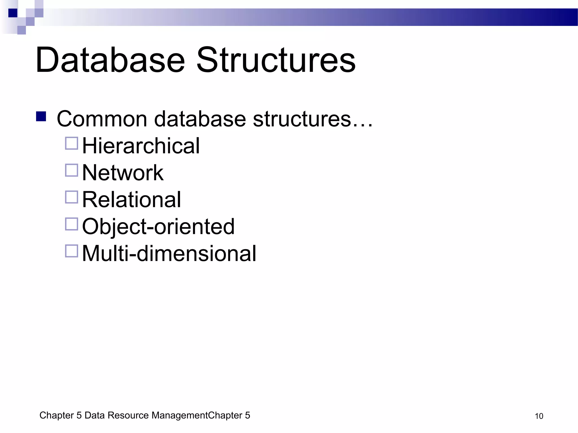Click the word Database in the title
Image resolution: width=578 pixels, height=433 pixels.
(110, 60)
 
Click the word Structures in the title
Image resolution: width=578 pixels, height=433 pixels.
(276, 60)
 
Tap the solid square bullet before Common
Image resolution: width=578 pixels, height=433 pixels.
(41, 116)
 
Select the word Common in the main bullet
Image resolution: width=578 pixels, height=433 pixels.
(102, 119)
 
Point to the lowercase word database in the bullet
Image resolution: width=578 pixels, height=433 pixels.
(200, 119)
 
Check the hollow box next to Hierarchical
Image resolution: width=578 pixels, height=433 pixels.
(71, 143)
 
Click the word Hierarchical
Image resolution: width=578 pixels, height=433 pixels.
(141, 146)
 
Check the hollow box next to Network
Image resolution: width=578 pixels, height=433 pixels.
(71, 170)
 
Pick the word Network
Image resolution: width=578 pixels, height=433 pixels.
(123, 173)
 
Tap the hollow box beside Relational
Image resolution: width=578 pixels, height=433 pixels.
(71, 197)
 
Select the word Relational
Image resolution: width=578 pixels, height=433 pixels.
(132, 200)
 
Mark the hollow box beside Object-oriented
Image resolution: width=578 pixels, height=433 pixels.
(71, 224)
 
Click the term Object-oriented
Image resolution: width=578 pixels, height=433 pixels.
(158, 227)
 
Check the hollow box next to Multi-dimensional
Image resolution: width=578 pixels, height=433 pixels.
(71, 251)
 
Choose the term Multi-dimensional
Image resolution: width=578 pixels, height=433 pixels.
(169, 253)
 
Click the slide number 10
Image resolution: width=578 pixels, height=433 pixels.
(539, 416)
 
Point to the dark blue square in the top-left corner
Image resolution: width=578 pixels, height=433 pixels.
(13, 13)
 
